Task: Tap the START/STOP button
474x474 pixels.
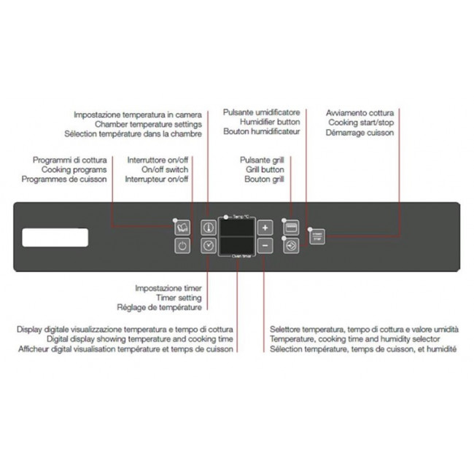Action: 316,236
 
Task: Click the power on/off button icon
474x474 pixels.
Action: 182,246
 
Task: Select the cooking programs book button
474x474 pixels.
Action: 182,227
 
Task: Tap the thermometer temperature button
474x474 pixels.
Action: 209,227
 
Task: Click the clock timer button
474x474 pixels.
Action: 209,246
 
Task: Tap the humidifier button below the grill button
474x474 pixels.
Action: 291,246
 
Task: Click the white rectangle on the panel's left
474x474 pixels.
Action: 55,238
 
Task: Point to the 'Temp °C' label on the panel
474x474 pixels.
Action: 241,217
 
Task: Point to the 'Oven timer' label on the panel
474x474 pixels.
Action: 241,257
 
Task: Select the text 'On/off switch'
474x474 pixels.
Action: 165,169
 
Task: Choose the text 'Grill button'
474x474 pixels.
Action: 265,169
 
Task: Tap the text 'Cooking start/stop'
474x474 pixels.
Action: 360,123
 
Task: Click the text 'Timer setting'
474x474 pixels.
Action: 179,298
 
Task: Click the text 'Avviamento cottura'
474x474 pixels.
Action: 360,113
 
